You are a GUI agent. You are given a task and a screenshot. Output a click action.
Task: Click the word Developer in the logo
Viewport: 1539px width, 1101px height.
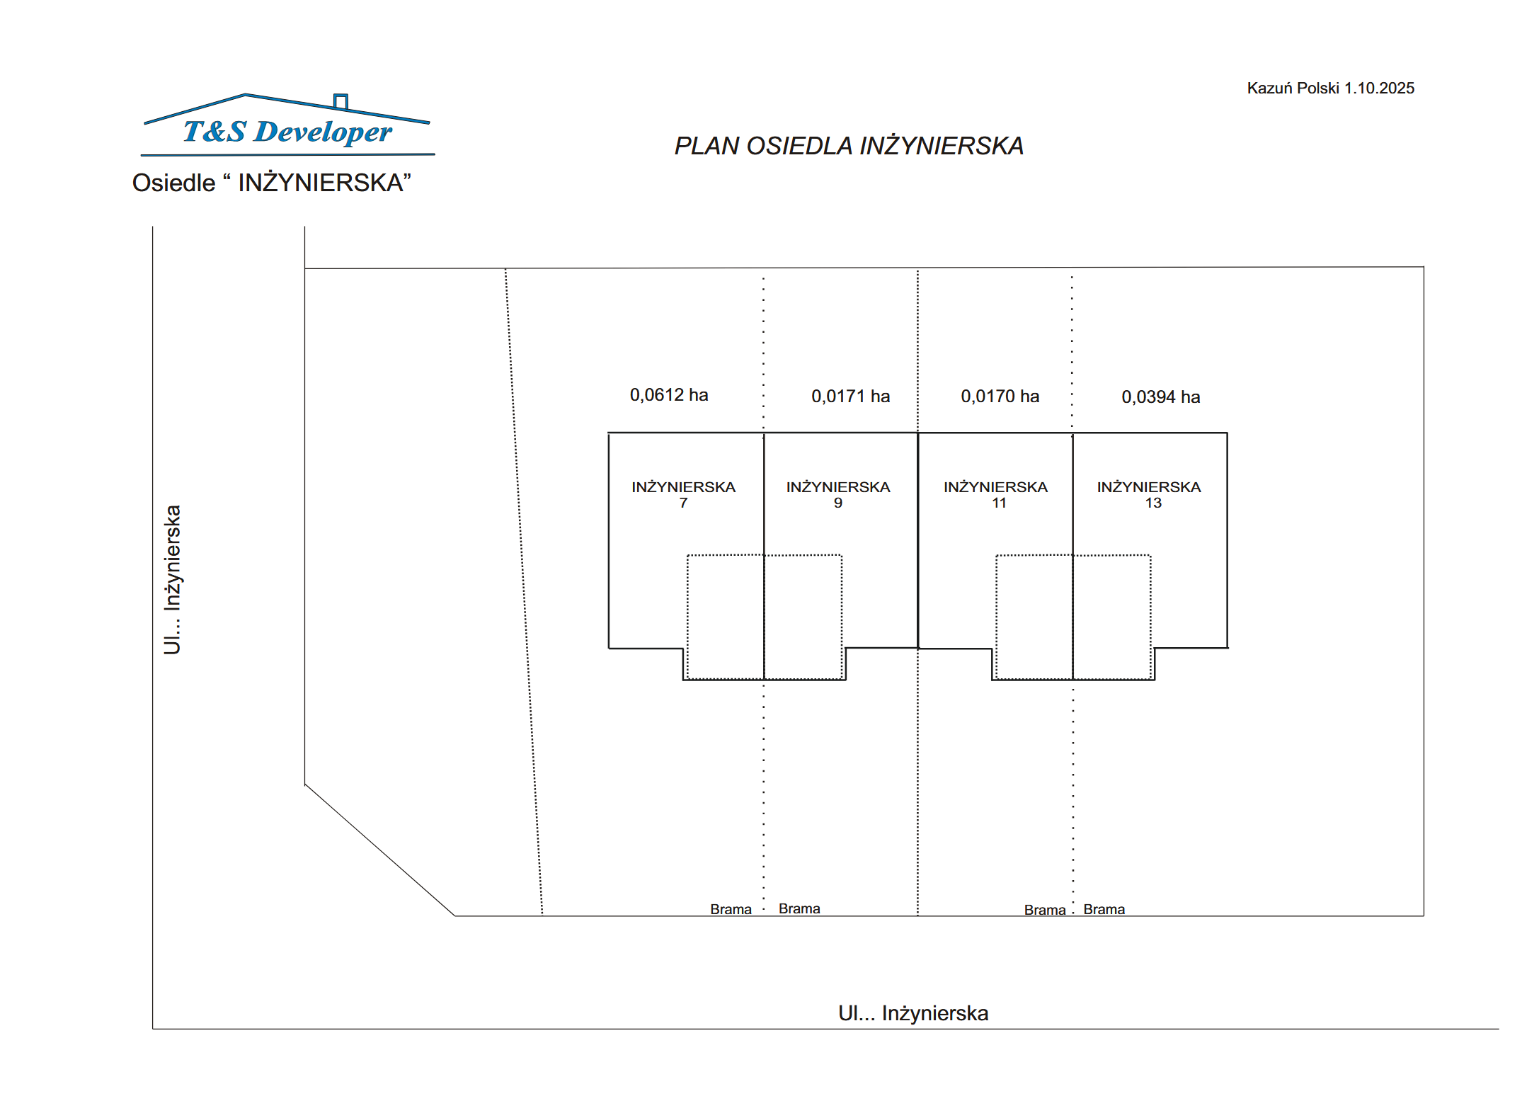click(x=323, y=132)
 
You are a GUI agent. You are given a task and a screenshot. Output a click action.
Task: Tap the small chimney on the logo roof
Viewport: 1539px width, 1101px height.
click(x=341, y=101)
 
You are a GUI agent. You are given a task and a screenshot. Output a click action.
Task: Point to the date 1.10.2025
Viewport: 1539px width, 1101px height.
click(x=1379, y=88)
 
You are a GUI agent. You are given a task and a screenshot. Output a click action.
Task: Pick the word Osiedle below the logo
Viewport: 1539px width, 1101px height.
click(x=173, y=183)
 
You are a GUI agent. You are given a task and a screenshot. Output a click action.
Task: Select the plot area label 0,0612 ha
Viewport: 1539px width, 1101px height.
click(x=669, y=395)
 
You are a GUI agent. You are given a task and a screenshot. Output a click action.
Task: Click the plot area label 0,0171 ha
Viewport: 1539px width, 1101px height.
click(x=851, y=397)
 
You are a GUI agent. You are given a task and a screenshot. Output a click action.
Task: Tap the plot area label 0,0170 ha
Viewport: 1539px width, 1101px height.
click(x=1000, y=397)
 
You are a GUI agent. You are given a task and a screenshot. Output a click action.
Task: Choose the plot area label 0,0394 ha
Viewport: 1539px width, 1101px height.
click(x=1161, y=397)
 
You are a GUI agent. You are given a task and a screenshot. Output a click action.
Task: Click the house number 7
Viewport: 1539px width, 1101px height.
click(x=683, y=503)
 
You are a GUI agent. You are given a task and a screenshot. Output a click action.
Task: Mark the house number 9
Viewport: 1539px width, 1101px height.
click(x=838, y=503)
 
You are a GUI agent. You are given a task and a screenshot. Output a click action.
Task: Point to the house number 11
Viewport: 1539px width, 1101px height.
click(x=999, y=503)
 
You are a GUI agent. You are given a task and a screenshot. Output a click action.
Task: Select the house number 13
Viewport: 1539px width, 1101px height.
click(x=1153, y=503)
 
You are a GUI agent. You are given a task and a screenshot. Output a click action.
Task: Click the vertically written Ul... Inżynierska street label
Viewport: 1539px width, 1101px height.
click(x=173, y=580)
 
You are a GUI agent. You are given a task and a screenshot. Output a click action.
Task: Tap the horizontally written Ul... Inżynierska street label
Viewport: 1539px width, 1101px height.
click(x=913, y=1013)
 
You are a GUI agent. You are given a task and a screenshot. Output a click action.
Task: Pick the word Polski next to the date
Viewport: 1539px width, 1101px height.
click(x=1319, y=88)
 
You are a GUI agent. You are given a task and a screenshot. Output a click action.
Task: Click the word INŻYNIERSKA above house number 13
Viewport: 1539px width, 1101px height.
click(x=1149, y=487)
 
